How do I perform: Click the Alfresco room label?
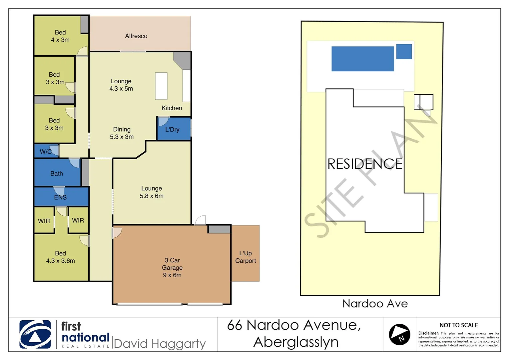[x=136, y=36]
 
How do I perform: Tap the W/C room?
[x=46, y=152]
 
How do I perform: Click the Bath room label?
[x=57, y=173]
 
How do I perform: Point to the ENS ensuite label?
[x=60, y=197]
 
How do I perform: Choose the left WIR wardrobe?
[x=44, y=221]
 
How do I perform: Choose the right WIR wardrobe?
[x=78, y=220]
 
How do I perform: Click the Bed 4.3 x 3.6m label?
[x=60, y=257]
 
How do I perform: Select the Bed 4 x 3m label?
[x=60, y=36]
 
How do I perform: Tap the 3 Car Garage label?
[x=172, y=267]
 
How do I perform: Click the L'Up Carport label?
[x=246, y=257]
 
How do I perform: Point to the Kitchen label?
[x=172, y=108]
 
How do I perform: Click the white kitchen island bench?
[x=161, y=86]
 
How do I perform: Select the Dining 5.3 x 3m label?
[x=122, y=133]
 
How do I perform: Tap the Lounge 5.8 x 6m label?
[x=152, y=192]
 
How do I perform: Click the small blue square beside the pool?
[x=404, y=52]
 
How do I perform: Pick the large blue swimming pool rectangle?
[x=362, y=59]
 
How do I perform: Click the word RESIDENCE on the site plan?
[x=365, y=164]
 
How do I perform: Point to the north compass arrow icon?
[x=399, y=334]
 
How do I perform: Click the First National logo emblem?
[x=35, y=334]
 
